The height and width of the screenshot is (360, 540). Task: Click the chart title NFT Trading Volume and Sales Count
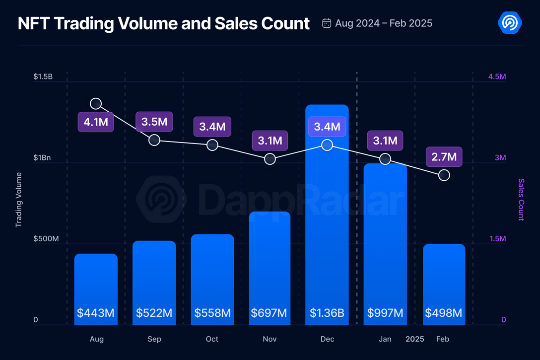coord(164,23)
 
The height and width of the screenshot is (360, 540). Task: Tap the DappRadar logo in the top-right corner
coord(509,22)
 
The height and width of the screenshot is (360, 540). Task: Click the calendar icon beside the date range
coord(327,23)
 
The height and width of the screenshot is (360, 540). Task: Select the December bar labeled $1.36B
coord(327,223)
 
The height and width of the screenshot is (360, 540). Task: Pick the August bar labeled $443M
coord(96,288)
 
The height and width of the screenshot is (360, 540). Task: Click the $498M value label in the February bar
coord(444,313)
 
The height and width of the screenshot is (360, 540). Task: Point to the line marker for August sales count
coord(96,104)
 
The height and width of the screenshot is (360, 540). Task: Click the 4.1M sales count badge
coord(96,122)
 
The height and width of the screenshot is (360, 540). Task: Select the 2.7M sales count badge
coord(444,157)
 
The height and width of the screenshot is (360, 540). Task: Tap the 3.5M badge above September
coord(154,122)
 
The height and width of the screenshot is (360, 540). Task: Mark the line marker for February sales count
coord(444,175)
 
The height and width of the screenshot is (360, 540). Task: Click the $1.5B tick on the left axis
coord(43,77)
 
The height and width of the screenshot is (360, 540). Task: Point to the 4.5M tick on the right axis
coord(497,77)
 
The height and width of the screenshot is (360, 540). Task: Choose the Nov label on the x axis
coord(270,339)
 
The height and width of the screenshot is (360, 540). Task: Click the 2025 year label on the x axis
coord(415,339)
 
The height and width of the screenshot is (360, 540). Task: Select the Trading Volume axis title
coord(19,200)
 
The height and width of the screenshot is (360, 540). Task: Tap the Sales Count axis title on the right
coord(521,200)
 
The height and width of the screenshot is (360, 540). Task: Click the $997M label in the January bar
coord(385,313)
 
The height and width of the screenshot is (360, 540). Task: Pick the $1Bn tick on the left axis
coord(43,158)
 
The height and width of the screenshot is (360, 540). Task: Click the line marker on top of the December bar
coord(327,145)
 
